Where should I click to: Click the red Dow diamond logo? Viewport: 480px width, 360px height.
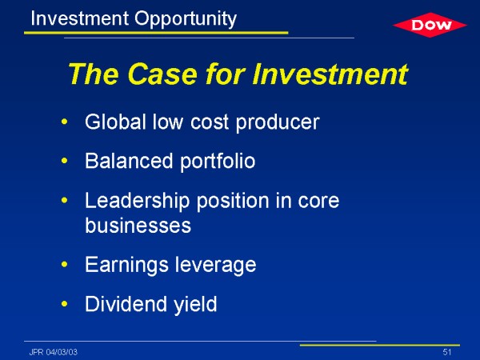(430, 25)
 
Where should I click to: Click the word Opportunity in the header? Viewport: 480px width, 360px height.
(186, 19)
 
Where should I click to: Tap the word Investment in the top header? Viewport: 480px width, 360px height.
(79, 18)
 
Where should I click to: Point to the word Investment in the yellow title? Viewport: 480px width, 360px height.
(330, 74)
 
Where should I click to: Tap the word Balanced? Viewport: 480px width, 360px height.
(129, 161)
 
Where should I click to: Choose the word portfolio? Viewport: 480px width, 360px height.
(218, 162)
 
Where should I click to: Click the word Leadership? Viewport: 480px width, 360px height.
(137, 202)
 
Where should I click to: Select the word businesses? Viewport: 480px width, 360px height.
(138, 226)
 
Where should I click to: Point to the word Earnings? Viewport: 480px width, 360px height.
(126, 265)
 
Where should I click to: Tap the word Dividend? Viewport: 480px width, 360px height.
(126, 304)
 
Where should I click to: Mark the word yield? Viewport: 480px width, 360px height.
(195, 305)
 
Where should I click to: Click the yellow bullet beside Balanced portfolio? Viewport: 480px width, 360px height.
(64, 161)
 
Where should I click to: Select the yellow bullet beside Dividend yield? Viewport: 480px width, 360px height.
(64, 304)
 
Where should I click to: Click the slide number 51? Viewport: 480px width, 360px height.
(447, 352)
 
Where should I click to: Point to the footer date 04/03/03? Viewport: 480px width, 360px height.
(62, 352)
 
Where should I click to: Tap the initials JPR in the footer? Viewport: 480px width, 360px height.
(37, 352)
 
